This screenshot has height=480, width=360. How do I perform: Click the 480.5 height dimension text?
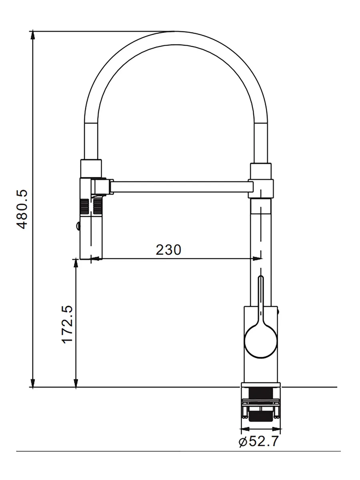[x=22, y=209]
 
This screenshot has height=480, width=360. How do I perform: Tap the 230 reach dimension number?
[x=168, y=250]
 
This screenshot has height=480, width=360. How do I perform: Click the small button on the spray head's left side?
[x=77, y=226]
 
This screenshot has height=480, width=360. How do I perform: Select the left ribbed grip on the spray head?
[x=84, y=206]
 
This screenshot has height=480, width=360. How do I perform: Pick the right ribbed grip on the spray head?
[x=98, y=206]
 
